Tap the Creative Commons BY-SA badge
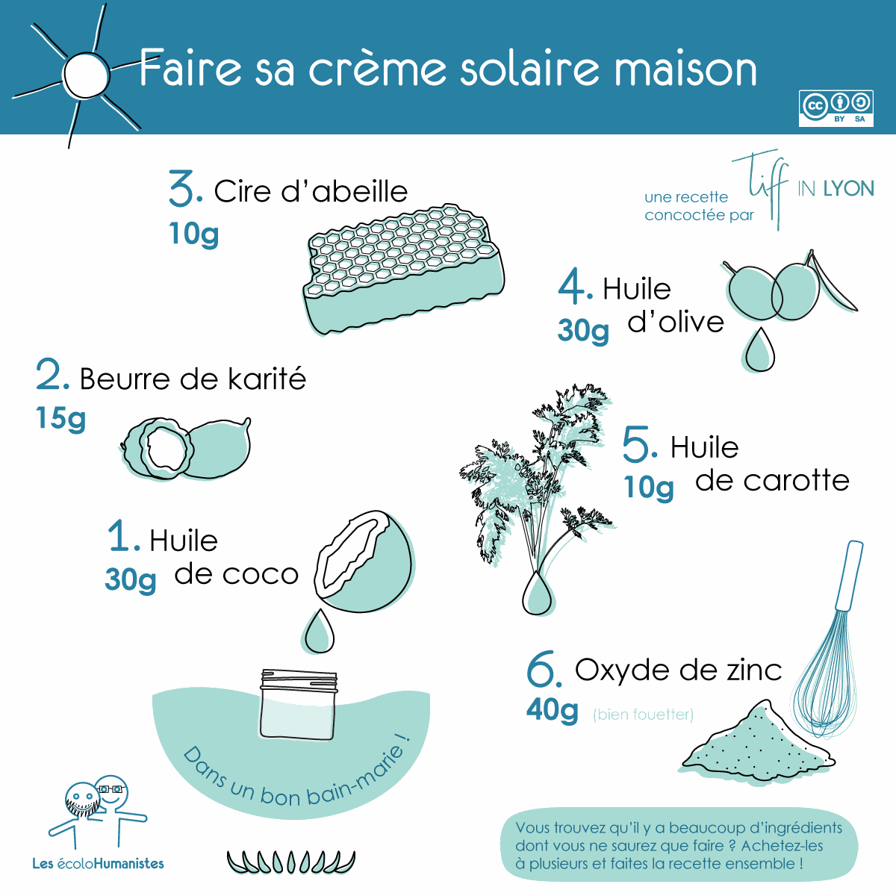pyautogui.click(x=836, y=108)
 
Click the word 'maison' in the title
pyautogui.click(x=685, y=69)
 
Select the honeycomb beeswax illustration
pyautogui.click(x=404, y=269)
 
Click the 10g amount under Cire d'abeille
pyautogui.click(x=193, y=234)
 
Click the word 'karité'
pyautogui.click(x=267, y=379)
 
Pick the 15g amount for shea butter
pyautogui.click(x=61, y=418)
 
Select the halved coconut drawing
pyautogui.click(x=364, y=561)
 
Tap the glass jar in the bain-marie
pyautogui.click(x=299, y=704)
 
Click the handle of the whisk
pyautogui.click(x=849, y=576)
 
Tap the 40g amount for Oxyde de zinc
pyautogui.click(x=552, y=711)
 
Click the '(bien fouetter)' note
pyautogui.click(x=643, y=715)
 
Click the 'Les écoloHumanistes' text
pyautogui.click(x=98, y=863)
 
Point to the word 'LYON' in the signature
pyautogui.click(x=848, y=188)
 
